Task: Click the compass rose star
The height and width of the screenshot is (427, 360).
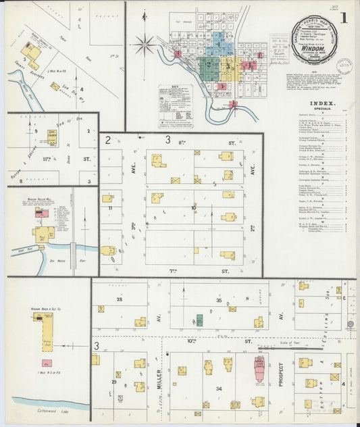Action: click(143, 46)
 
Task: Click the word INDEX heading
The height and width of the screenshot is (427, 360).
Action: click(322, 103)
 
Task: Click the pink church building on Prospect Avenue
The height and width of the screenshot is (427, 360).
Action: click(259, 370)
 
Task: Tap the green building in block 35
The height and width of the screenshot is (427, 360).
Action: click(199, 320)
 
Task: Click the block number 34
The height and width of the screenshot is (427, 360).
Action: click(218, 389)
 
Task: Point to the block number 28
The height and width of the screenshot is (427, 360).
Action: click(120, 298)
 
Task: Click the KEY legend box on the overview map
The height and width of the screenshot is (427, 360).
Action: click(175, 105)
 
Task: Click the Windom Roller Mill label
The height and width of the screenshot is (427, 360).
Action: click(42, 201)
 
